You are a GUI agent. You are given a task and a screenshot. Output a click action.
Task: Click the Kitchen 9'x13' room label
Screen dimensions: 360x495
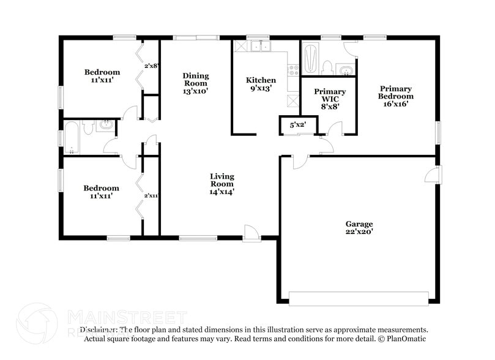261,84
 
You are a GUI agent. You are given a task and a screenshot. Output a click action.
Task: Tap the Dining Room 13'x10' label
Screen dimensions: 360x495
195,83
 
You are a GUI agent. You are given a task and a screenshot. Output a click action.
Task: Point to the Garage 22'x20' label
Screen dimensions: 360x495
359,228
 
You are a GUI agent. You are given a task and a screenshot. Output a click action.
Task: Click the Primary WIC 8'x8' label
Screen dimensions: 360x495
330,99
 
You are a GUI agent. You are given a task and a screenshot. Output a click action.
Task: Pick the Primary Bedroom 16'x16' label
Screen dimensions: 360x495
395,96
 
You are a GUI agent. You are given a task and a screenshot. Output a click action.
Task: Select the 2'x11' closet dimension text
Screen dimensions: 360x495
151,196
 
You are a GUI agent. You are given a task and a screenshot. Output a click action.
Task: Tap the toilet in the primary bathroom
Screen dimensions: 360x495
327,67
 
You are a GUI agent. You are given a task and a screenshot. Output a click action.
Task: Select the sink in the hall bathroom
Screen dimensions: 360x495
106,126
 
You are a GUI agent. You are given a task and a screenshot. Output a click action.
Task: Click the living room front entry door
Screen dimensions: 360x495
251,232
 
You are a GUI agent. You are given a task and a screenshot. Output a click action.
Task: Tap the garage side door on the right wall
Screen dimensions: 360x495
433,174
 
